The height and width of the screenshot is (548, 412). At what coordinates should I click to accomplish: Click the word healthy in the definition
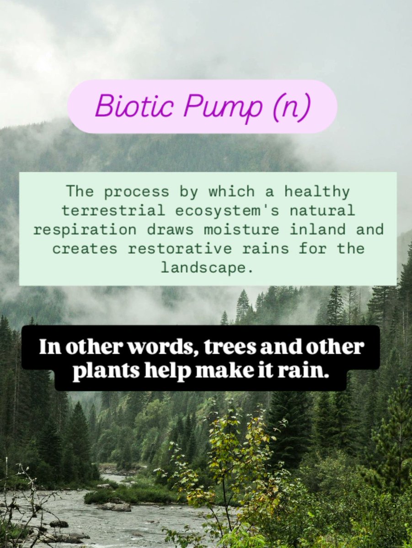[x=317, y=192]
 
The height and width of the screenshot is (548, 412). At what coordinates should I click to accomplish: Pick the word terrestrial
[x=106, y=211]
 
